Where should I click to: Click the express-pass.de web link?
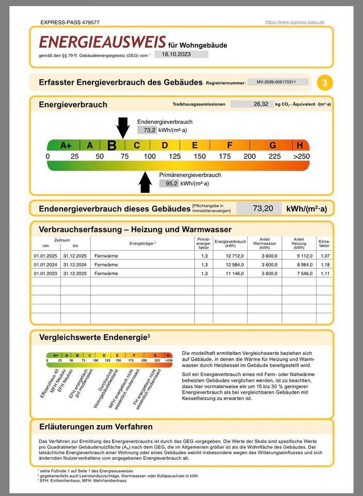pyautogui.click(x=294, y=22)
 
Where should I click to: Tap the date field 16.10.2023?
pyautogui.click(x=180, y=54)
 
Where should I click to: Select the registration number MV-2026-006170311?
pyautogui.click(x=277, y=82)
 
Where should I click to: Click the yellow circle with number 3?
pyautogui.click(x=324, y=82)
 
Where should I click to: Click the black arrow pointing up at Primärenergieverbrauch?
pyautogui.click(x=145, y=182)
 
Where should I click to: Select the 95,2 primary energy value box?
pyautogui.click(x=169, y=183)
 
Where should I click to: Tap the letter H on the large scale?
pyautogui.click(x=300, y=145)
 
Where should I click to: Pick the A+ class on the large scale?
pyautogui.click(x=66, y=145)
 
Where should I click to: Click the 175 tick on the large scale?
pyautogui.click(x=225, y=157)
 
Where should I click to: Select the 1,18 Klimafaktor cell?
pyautogui.click(x=324, y=265)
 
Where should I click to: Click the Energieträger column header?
pyautogui.click(x=143, y=243)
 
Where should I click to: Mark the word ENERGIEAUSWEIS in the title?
pyautogui.click(x=103, y=42)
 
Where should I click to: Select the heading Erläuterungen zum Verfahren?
pyautogui.click(x=96, y=427)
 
